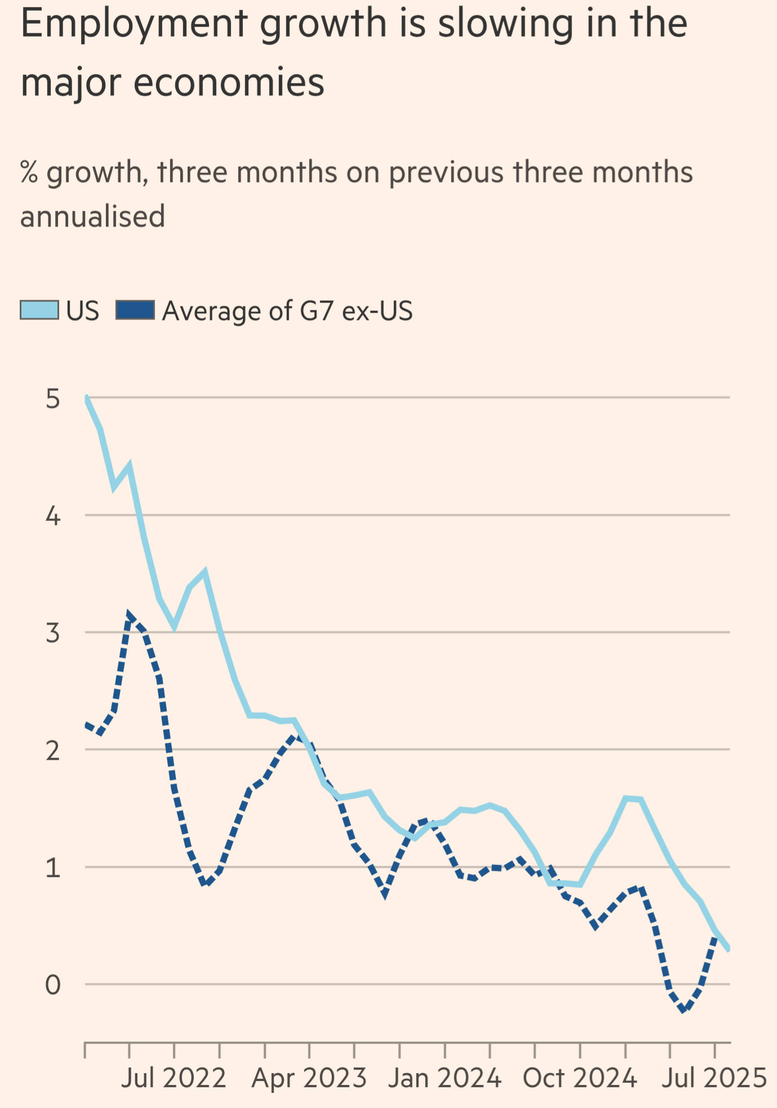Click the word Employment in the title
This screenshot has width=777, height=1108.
click(x=134, y=25)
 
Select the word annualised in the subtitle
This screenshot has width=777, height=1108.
click(x=92, y=217)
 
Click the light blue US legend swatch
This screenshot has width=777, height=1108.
click(x=39, y=310)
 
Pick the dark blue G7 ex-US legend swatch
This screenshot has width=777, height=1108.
click(x=135, y=310)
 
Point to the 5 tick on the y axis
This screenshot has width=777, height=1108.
click(x=52, y=399)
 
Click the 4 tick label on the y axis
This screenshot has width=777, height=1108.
click(x=52, y=516)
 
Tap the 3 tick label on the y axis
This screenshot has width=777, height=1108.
click(x=52, y=633)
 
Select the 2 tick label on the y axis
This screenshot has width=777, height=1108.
click(x=52, y=751)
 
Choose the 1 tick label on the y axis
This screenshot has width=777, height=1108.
click(x=52, y=868)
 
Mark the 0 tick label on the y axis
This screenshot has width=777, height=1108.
click(x=52, y=985)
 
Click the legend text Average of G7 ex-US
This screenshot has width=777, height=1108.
click(x=287, y=311)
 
